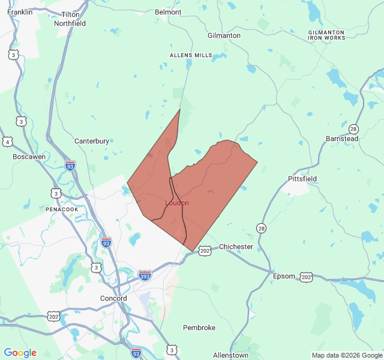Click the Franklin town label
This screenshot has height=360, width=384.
pyautogui.click(x=20, y=11)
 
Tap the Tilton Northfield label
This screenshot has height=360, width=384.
pyautogui.click(x=70, y=19)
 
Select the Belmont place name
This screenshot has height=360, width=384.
pyautogui.click(x=168, y=12)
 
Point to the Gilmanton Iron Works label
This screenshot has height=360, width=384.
pyautogui.click(x=326, y=35)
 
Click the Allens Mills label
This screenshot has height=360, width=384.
pyautogui.click(x=191, y=55)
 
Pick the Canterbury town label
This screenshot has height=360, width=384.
pyautogui.click(x=92, y=141)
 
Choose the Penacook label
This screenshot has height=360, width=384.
pyautogui.click(x=62, y=209)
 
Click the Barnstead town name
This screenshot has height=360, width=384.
pyautogui.click(x=342, y=139)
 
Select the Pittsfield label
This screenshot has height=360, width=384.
pyautogui.click(x=302, y=179)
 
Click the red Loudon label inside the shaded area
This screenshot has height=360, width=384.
pyautogui.click(x=177, y=203)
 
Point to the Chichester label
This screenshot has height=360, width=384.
pyautogui.click(x=236, y=247)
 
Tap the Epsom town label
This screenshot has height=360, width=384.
pyautogui.click(x=284, y=276)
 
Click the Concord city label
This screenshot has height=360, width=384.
pyautogui.click(x=113, y=298)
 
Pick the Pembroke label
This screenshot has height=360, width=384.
pyautogui.click(x=199, y=328)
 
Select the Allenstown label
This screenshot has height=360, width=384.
pyautogui.click(x=230, y=355)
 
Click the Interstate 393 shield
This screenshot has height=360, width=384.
pyautogui.click(x=145, y=275)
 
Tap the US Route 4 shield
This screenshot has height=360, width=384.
pyautogui.click(x=7, y=142)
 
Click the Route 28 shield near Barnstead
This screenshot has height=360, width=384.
pyautogui.click(x=353, y=129)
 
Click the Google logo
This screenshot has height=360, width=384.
pyautogui.click(x=20, y=353)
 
